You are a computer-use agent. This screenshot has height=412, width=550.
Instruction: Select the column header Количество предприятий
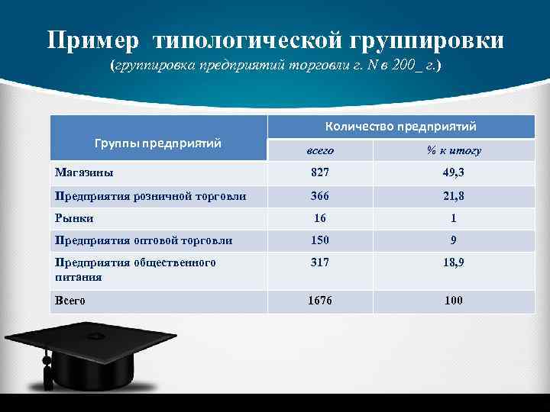coord(400,126)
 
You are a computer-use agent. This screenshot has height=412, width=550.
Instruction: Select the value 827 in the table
coord(320,173)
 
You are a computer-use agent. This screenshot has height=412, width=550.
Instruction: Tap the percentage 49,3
coord(453,173)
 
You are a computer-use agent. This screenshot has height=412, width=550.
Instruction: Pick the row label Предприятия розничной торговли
coord(150,196)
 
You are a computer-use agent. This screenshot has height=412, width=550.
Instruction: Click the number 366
coord(320,196)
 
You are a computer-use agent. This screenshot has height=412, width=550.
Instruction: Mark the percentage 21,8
coord(453,196)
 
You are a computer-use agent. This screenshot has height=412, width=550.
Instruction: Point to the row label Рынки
coord(74,218)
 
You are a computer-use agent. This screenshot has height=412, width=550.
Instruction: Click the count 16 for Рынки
coord(320,218)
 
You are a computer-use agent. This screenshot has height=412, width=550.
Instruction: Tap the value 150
coord(320,240)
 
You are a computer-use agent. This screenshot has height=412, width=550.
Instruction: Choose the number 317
coord(320,262)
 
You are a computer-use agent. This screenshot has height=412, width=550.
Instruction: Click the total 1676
coord(320,301)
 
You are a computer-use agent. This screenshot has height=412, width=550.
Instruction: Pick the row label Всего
coord(70,301)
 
